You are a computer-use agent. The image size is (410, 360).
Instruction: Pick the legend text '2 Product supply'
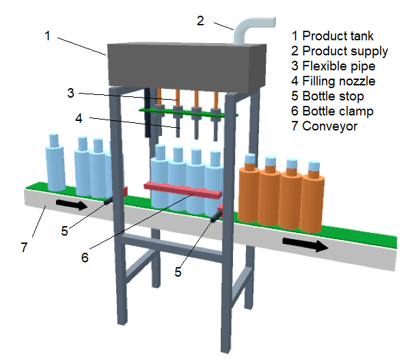point(339,51)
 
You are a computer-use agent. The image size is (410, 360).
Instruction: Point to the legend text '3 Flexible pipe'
point(333,66)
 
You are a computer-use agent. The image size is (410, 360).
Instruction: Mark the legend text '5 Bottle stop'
point(327,96)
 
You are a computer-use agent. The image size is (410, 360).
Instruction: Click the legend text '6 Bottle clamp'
point(332,111)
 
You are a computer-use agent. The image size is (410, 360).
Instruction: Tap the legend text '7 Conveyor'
point(323,126)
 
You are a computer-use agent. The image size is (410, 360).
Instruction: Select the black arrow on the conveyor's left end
point(71,204)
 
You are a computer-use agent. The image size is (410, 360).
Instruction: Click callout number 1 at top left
point(48,36)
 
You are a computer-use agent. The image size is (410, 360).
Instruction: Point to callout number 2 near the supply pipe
point(200,20)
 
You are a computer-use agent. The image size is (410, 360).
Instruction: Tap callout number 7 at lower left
point(25,247)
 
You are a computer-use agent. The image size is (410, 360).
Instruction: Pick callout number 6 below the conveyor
point(85,258)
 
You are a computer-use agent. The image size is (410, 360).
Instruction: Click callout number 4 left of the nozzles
point(79,118)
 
